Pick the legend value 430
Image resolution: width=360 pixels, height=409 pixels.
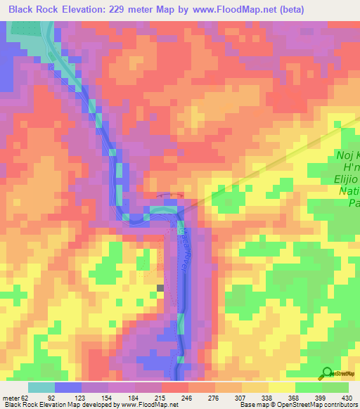[x=345, y=397]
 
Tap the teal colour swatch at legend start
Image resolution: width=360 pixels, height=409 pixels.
[x=41, y=387]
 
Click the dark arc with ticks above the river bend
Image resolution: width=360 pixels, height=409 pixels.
[x=172, y=197]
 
